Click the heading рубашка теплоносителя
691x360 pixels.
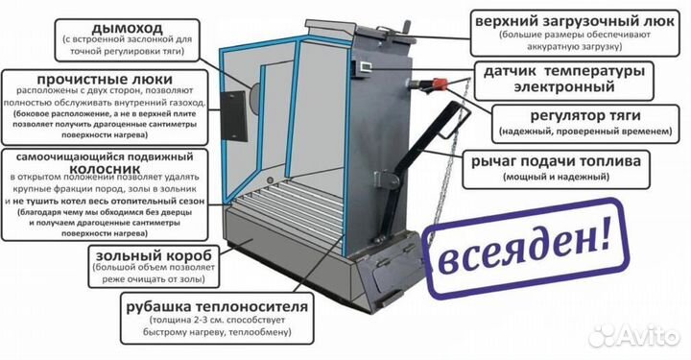(218, 306)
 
